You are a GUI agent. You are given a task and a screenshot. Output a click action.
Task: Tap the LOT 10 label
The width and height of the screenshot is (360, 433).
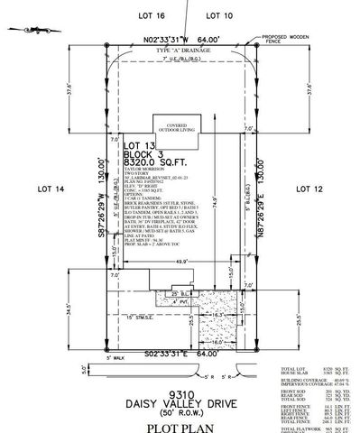click(218, 16)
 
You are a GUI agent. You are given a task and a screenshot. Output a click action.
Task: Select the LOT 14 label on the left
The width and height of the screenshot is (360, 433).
click(52, 189)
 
